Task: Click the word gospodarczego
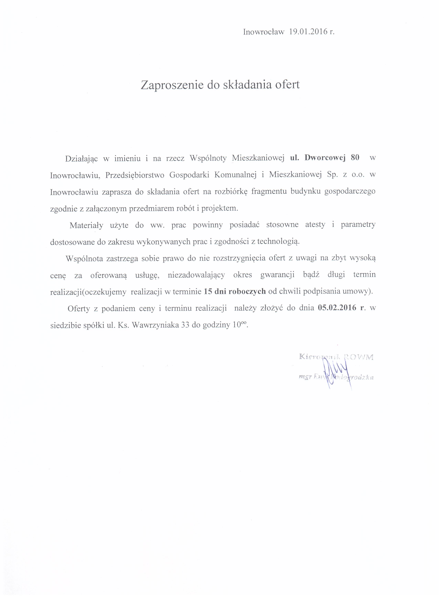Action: (350, 192)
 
